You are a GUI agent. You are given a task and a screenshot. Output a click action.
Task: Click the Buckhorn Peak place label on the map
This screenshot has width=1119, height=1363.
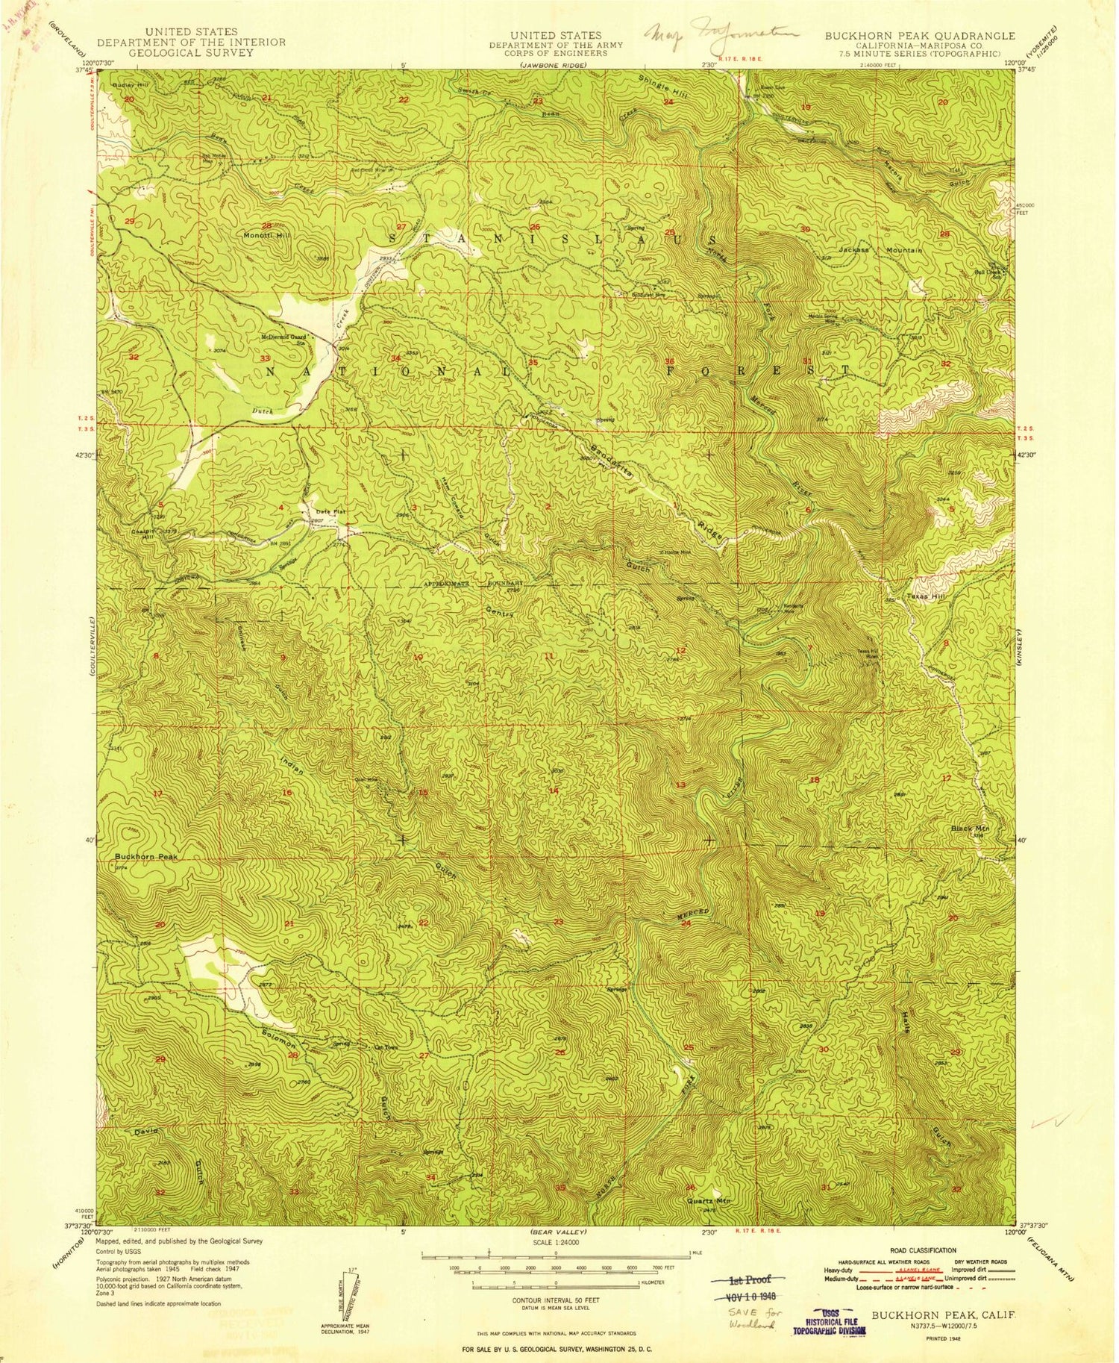(146, 857)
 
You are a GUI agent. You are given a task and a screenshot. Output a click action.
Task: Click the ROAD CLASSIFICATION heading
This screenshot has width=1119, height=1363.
(921, 1250)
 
